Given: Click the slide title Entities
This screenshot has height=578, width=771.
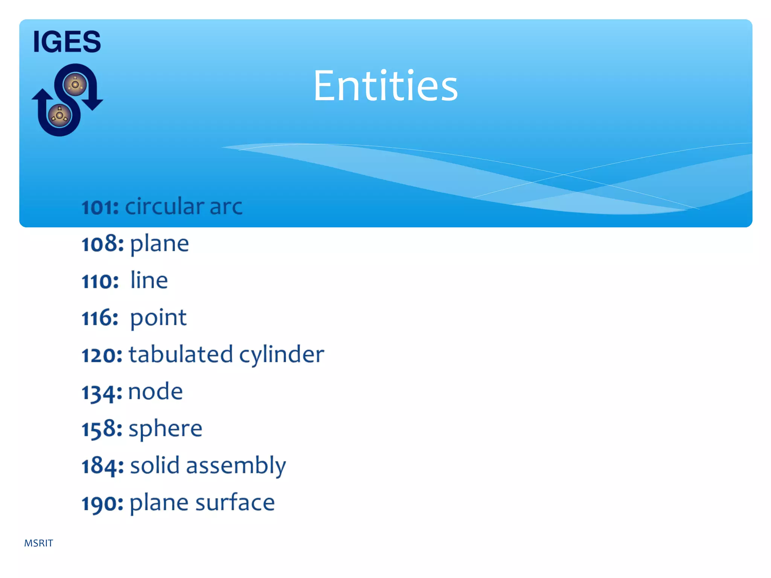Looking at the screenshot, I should coord(385,86).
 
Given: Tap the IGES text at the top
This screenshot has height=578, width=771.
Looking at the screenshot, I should coord(67,41).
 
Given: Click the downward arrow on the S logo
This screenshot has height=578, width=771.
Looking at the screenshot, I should coord(92,102).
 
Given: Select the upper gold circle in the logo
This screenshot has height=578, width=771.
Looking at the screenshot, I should coord(75,85).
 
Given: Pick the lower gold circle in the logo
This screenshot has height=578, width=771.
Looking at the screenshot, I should coord(59,115).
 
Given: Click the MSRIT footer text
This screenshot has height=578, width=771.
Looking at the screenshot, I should coord(38,543).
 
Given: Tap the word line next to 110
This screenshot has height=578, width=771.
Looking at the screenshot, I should coord(149,280).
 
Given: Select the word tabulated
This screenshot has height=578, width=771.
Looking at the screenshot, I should coord(181,354).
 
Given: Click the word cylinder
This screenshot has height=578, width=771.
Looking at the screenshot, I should coord(282,355).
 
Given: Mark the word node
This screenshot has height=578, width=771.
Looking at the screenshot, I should coord(155,391).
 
